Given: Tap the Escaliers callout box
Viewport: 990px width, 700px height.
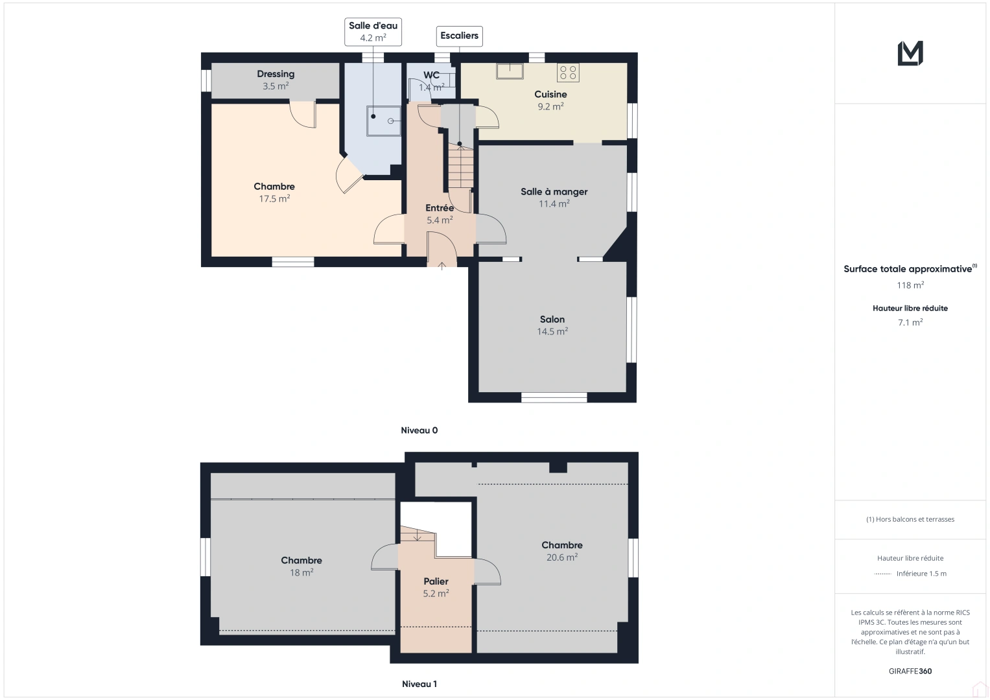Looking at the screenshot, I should [x=459, y=36].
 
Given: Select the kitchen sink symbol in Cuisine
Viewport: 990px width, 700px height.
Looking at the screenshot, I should [x=510, y=71].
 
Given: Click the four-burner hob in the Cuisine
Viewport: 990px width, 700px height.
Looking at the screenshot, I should [x=568, y=73].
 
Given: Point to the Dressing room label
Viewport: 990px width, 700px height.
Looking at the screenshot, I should [x=276, y=74].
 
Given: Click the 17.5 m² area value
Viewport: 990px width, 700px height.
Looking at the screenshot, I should [x=274, y=199].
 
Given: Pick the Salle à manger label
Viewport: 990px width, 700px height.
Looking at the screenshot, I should [x=554, y=192].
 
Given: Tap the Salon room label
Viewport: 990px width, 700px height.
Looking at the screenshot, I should [x=552, y=320].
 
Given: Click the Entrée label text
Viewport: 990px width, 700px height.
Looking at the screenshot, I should [x=440, y=208].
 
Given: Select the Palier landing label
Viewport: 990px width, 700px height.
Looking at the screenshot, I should [x=436, y=581].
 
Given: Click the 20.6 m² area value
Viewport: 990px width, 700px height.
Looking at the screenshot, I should [x=562, y=557].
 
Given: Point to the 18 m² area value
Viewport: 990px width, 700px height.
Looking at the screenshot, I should [x=301, y=573].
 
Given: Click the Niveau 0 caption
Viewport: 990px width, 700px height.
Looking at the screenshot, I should [x=419, y=430].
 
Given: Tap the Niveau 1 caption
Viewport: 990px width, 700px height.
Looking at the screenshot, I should [x=419, y=684].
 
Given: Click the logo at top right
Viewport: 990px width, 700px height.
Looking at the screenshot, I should [x=910, y=53].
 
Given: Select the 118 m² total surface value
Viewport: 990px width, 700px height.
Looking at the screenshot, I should [x=910, y=285].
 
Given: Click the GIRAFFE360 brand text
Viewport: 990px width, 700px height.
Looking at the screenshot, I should [x=910, y=671].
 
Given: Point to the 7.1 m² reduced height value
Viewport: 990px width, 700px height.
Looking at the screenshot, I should [x=910, y=322].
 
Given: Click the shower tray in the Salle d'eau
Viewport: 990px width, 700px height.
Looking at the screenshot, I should [x=384, y=121].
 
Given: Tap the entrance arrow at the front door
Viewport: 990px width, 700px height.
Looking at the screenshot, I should [x=442, y=264].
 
